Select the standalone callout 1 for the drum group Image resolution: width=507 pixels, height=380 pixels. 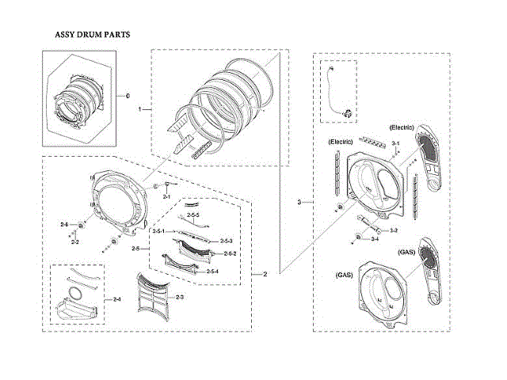[139, 108]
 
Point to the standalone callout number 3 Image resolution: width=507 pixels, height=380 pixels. [299, 203]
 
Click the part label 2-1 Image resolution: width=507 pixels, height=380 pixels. [166, 195]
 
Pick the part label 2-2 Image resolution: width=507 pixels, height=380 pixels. [74, 241]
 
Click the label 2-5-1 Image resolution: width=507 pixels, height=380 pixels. [158, 230]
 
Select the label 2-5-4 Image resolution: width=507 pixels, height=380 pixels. [212, 272]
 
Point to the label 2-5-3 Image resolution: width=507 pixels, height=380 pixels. [225, 241]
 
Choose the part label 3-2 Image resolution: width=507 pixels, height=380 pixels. [393, 230]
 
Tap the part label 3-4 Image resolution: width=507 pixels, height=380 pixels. [374, 239]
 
